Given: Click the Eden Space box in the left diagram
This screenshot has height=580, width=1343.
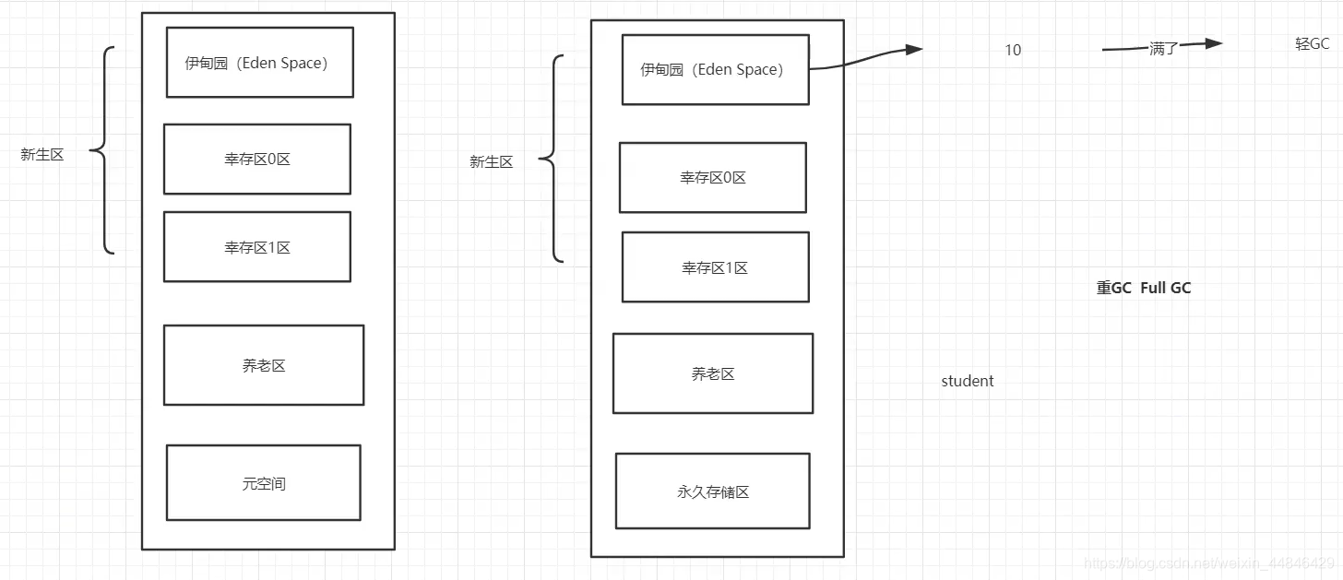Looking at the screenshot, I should pos(259,63).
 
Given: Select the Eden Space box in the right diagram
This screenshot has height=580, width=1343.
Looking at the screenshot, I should pos(715,70).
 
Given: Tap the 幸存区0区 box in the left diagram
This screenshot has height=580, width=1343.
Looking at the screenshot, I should pos(257,160).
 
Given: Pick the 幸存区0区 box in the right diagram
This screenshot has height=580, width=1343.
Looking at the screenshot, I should pos(712,178).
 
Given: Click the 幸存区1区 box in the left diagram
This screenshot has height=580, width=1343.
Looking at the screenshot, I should pos(257,247).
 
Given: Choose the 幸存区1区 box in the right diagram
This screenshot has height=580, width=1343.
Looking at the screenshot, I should pos(715,267).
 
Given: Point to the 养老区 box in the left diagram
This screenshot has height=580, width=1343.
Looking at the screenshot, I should pos(264,365).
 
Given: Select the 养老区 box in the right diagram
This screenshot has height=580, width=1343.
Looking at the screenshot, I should pos(712,373).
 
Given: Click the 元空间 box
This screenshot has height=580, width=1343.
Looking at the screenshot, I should pos(264,483).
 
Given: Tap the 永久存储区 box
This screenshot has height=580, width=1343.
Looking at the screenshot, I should pos(712,491).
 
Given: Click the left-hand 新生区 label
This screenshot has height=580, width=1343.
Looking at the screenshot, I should pos(42,155).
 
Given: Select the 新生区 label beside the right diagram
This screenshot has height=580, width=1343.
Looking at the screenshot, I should pos(491,162).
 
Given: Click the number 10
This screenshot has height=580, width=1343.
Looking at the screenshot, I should pos(1013,51).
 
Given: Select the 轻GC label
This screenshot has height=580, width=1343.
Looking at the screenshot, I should pos(1312,44).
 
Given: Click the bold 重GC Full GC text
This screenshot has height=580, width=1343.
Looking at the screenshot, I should pos(1143,288).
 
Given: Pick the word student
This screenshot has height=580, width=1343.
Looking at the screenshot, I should pos(967,381).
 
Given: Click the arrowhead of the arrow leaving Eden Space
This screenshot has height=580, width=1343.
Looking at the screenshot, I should pos(913,50).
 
